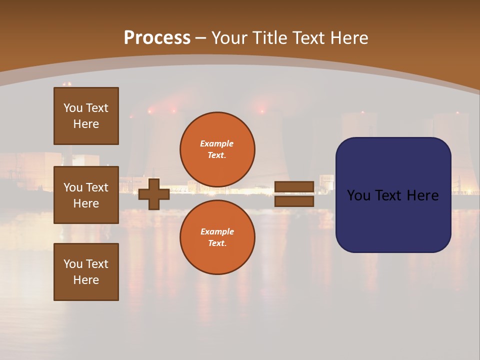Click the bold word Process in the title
tap(157, 38)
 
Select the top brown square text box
tap(86, 116)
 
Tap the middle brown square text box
tap(86, 195)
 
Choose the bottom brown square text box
tap(86, 272)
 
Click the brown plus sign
tap(153, 194)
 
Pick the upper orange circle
tap(217, 149)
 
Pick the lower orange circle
tap(217, 237)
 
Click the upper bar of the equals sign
tap(294, 187)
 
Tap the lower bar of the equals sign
tap(294, 201)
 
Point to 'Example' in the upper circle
tap(217, 143)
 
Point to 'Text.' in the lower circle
tap(217, 243)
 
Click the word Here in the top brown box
tap(86, 124)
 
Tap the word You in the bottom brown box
tap(73, 264)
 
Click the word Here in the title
tap(349, 38)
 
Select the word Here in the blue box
tap(422, 195)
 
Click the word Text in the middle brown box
tap(97, 187)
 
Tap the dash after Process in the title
tap(200, 38)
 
